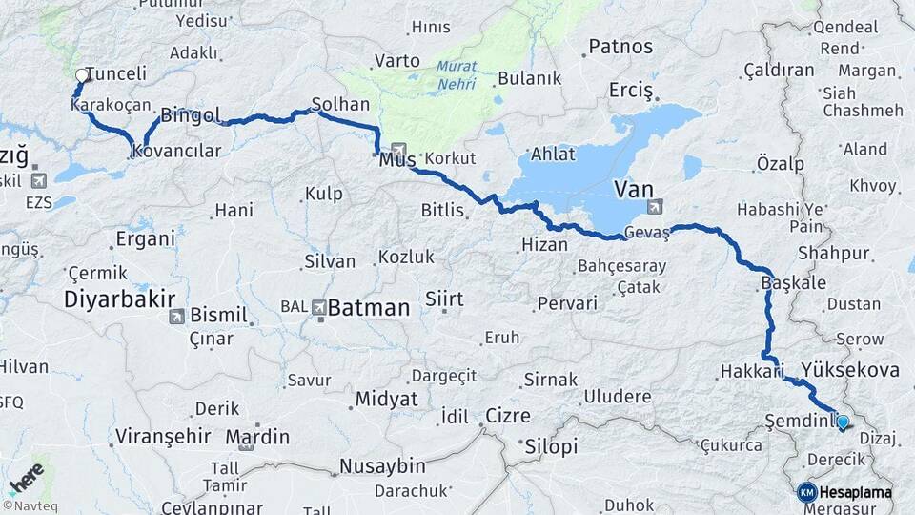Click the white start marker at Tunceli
click(82, 74)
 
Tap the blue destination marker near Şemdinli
click(842, 422)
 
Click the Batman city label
click(369, 308)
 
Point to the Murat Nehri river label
click(457, 74)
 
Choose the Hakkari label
click(751, 370)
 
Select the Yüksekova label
click(850, 369)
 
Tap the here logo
click(26, 478)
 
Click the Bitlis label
click(444, 210)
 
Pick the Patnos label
click(620, 46)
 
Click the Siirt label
click(443, 299)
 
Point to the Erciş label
click(630, 91)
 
